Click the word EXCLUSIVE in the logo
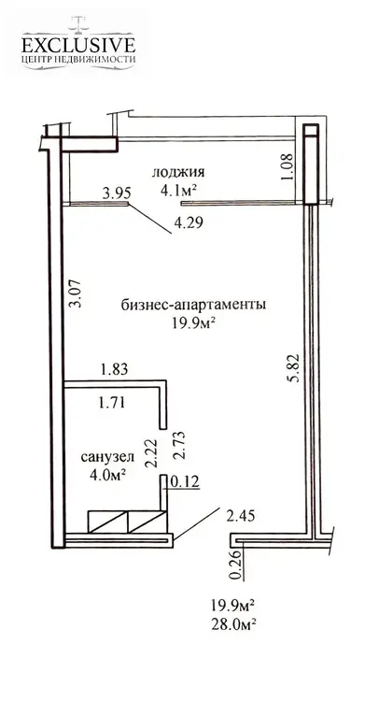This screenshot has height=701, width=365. tap(78, 46)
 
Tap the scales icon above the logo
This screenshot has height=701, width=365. tap(78, 23)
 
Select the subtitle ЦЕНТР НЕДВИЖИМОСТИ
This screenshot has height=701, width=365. tap(78, 60)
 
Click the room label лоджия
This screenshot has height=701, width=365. tap(178, 172)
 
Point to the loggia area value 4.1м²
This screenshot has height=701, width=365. tap(179, 190)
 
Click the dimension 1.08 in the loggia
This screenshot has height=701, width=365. tap(288, 167)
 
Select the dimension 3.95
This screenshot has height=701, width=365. tap(117, 193)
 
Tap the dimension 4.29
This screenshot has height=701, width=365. tap(189, 222)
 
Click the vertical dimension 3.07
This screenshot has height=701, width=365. tap(77, 293)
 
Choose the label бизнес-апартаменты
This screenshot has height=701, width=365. tap(194, 305)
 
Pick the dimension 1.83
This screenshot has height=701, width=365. tap(115, 370)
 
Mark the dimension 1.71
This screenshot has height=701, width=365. tap(111, 402)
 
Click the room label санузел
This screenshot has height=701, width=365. tap(107, 457)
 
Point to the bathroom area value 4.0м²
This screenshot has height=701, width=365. tap(107, 474)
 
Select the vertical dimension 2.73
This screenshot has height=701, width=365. tap(179, 446)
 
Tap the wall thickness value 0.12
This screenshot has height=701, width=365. tap(184, 482)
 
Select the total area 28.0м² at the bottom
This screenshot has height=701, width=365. tap(233, 623)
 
